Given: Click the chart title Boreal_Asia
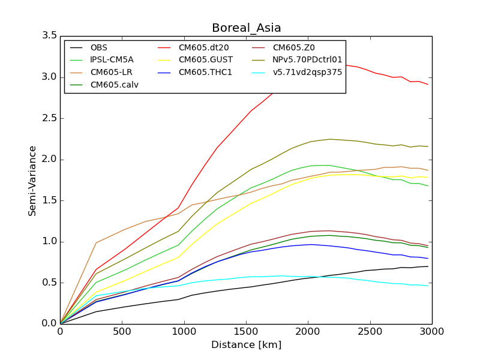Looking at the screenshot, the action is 246,28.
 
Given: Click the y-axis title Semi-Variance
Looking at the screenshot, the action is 32,181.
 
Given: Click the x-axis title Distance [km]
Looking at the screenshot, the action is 246,345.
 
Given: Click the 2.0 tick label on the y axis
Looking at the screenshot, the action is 49,159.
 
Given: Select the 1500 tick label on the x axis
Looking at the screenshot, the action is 246,332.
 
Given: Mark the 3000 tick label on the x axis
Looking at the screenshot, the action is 432,332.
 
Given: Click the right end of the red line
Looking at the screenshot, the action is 428,85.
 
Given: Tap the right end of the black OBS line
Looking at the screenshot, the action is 428,266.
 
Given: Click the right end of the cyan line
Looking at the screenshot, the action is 428,286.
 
